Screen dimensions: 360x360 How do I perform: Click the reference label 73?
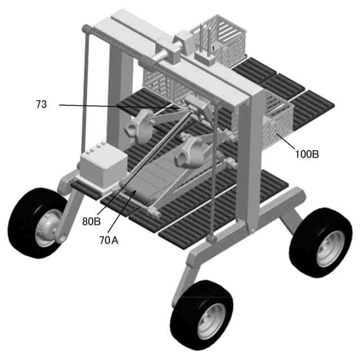tap(41, 104)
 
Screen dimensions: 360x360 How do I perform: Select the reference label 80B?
tap(91, 221)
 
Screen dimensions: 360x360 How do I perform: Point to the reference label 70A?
tap(109, 240)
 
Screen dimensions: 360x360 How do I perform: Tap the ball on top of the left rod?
tap(85, 28)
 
